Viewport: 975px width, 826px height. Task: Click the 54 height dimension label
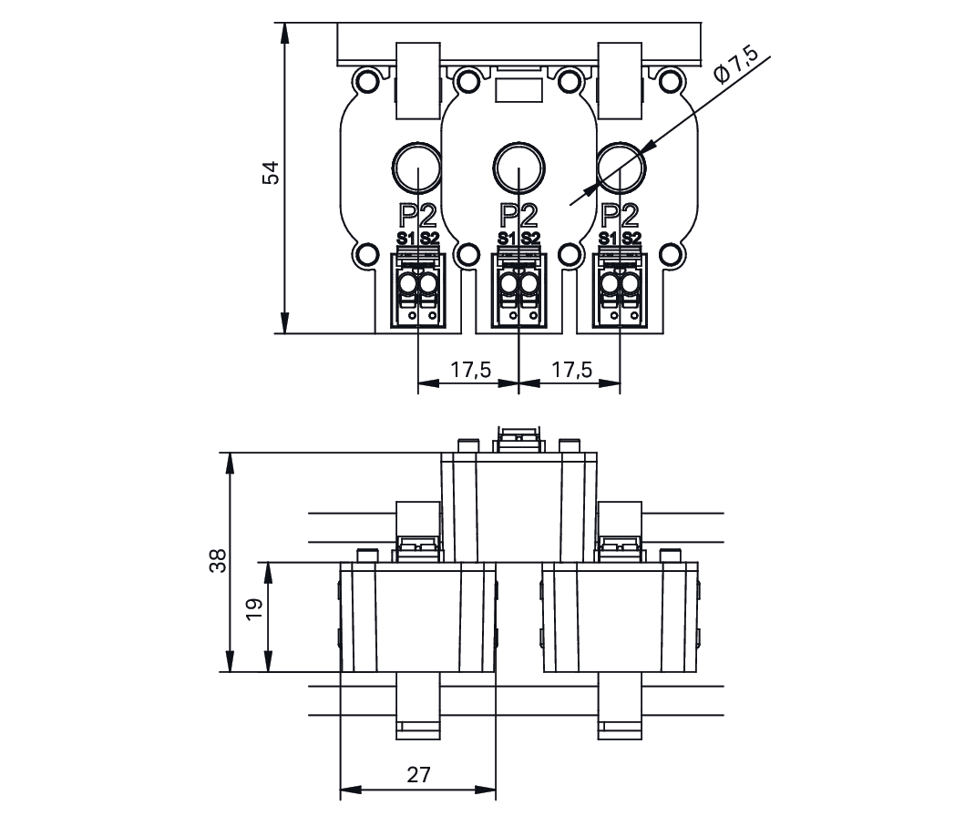[x=271, y=172]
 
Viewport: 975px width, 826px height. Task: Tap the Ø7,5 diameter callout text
[x=736, y=65]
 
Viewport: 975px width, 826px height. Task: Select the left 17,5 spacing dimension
[x=470, y=370]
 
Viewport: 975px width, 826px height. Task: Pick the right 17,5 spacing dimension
[x=571, y=370]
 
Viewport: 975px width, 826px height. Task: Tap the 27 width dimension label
[x=417, y=775]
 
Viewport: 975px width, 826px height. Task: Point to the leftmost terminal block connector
[x=417, y=290]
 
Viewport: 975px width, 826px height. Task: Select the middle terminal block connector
[x=518, y=290]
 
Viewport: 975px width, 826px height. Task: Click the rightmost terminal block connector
[x=620, y=290]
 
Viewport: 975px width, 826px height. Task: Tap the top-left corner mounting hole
[x=366, y=81]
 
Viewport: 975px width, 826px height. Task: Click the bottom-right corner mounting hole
[x=671, y=254]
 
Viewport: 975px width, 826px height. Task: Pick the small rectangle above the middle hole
[x=518, y=89]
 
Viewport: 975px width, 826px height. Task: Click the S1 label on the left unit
[x=405, y=239]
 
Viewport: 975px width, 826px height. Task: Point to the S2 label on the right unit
[x=631, y=239]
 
